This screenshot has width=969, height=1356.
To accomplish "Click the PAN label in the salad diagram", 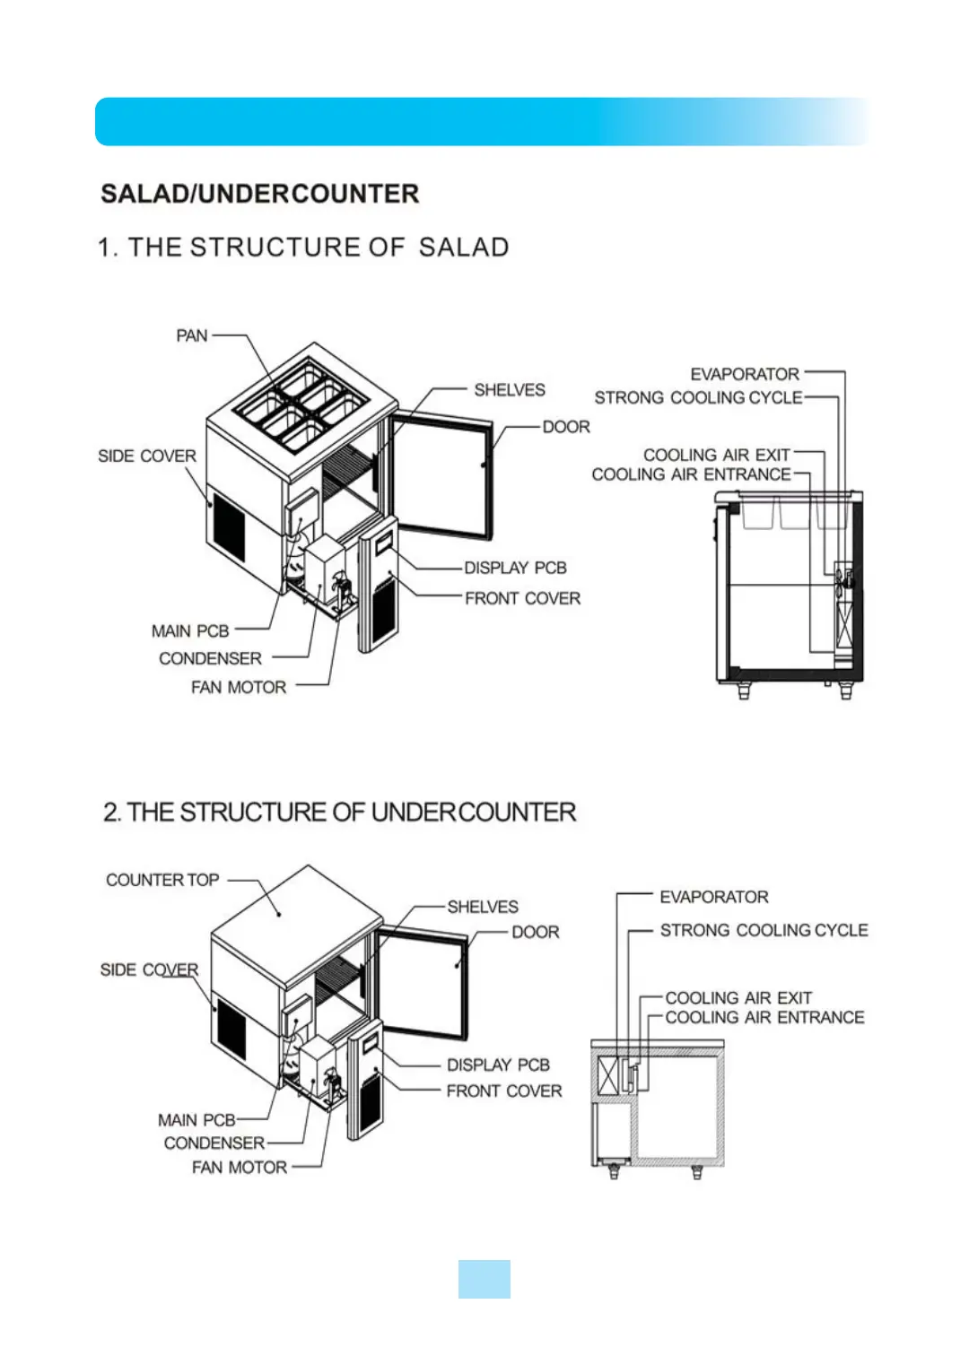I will (x=191, y=335).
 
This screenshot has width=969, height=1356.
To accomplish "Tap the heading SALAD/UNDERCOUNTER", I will (x=259, y=194).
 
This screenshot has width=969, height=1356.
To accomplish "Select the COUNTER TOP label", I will (x=162, y=880).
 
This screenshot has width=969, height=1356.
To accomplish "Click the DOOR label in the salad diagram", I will (x=566, y=427).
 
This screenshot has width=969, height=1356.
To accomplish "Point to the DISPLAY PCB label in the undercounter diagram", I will (x=498, y=1065).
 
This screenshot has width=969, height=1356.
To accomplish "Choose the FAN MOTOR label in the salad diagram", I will (x=239, y=687).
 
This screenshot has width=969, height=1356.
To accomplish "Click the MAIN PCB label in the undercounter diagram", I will (x=196, y=1119).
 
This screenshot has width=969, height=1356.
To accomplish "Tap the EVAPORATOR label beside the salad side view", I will (x=744, y=374).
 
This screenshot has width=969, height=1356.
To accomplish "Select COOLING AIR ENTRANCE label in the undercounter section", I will (x=764, y=1017).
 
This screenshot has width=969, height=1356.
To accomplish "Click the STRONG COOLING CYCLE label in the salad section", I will (x=698, y=397).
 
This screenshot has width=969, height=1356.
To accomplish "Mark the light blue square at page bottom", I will (x=484, y=1279).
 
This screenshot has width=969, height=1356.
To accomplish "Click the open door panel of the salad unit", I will (x=441, y=475).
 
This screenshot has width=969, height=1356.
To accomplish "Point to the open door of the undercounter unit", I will (x=422, y=983).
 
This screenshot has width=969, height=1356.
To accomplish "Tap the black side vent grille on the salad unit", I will (x=229, y=527).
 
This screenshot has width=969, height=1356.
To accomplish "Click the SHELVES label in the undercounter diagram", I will (x=483, y=907).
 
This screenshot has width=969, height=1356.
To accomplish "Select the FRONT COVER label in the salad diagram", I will (x=522, y=598).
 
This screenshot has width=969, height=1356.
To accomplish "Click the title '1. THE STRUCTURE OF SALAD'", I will (x=303, y=248).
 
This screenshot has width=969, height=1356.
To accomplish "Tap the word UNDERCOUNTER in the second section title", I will (x=473, y=813).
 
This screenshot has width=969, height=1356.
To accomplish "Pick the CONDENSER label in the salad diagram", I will (x=210, y=658).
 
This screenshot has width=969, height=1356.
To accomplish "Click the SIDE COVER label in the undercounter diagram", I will (x=149, y=969).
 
